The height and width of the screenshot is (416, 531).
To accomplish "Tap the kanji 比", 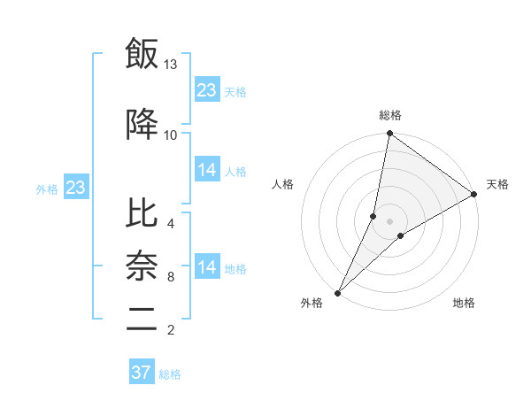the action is [x=142, y=213].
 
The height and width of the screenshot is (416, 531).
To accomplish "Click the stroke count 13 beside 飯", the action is [x=171, y=65].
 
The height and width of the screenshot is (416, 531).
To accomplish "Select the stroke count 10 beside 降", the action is [x=171, y=135].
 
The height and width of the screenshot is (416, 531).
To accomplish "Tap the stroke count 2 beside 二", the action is [x=170, y=330].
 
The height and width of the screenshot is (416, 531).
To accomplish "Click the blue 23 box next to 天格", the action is [x=207, y=90].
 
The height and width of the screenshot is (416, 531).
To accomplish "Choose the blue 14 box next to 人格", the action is [x=207, y=170].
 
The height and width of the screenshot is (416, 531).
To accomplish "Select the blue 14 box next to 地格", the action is [x=207, y=267].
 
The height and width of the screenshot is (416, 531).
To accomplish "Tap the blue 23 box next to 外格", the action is [x=75, y=188].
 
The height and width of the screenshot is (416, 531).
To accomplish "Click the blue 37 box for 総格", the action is [x=142, y=373].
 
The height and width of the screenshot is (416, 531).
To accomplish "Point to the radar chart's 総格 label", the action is [x=390, y=115].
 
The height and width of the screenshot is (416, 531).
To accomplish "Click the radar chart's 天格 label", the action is [x=497, y=184].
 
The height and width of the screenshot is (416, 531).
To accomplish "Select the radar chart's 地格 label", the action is [x=464, y=303].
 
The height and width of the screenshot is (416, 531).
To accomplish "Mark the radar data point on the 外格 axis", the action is [x=337, y=292].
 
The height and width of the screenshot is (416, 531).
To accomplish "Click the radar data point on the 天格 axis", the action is [x=474, y=194].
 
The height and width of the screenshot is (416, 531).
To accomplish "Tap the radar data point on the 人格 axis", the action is [x=373, y=216].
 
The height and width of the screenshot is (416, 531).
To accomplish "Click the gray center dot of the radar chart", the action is [x=390, y=220].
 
